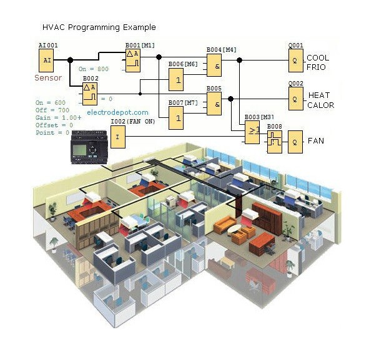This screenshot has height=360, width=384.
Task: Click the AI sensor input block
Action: pos(46,61)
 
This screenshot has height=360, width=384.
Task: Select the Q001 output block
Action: pos(295,60)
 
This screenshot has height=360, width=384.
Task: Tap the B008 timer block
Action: pos(275,141)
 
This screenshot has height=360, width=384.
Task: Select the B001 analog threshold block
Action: pos(134,61)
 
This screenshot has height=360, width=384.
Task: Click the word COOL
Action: pos(318,58)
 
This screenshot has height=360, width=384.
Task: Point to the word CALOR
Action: pos(320,105)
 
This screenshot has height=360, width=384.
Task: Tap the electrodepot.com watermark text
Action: pos(117,113)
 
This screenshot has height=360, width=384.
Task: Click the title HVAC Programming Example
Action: pos(99,27)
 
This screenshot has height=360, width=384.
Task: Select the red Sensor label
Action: pos(48,78)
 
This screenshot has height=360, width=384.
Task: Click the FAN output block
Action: pos(295,141)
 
